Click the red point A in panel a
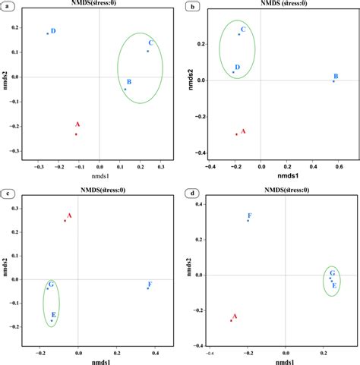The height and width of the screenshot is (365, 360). [76, 134]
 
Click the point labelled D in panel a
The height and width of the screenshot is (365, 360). [47, 33]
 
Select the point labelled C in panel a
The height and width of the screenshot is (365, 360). [147, 51]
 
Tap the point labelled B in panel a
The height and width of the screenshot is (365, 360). [125, 90]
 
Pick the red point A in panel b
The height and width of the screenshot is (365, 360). [236, 134]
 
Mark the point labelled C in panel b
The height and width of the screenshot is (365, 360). [238, 34]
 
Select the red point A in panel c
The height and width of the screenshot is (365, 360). [65, 221]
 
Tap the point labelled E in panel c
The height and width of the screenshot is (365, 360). [52, 321]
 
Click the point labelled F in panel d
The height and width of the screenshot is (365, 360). [248, 221]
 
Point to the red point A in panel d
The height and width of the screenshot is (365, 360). [231, 320]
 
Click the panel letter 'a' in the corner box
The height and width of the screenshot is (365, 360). [7, 6]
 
